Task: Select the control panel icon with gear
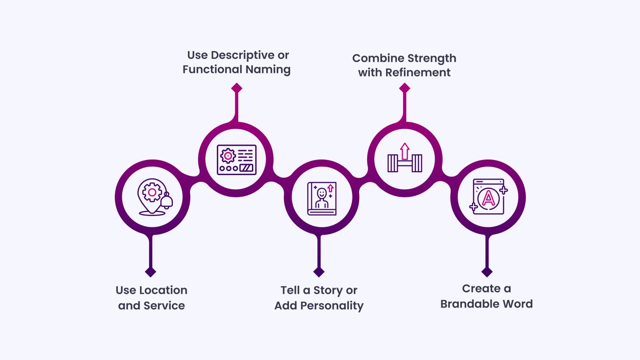(x=236, y=160)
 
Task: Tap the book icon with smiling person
(x=322, y=199)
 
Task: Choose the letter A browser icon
(x=488, y=197)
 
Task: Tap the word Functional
(x=212, y=69)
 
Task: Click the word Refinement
(x=418, y=72)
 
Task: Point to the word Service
(x=164, y=305)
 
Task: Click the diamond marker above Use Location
(x=151, y=272)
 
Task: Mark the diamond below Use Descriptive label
(x=236, y=88)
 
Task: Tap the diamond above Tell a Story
(x=319, y=272)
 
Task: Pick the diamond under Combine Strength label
(x=404, y=88)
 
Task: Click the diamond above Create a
(x=487, y=272)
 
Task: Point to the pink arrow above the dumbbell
(x=404, y=151)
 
